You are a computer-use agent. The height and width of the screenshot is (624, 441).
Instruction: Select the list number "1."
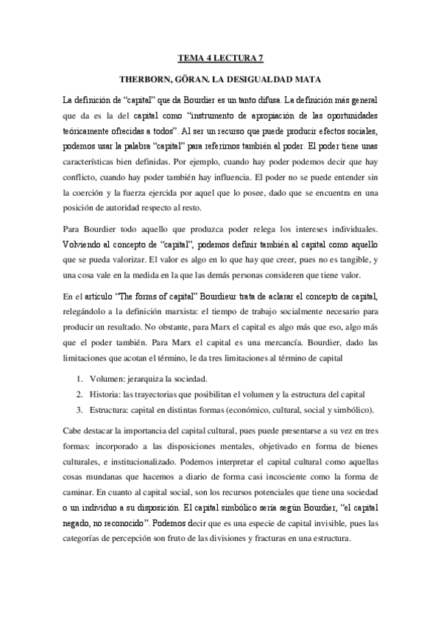[x=81, y=380]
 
